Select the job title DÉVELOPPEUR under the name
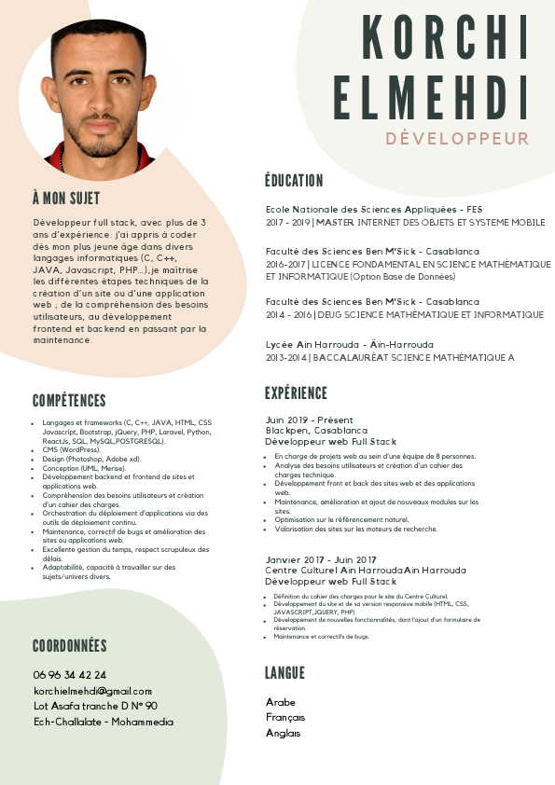coord(457,139)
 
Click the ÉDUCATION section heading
coord(294,181)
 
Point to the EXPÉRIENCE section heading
coord(296,392)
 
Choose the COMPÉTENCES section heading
coord(69,401)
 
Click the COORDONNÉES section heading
coord(70,646)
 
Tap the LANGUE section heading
coord(284,673)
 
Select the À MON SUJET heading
coord(65,199)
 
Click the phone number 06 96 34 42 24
coord(70,675)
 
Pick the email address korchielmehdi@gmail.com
coord(92,691)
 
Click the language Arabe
coord(281,702)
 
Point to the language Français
coord(285,717)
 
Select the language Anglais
coord(284,733)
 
